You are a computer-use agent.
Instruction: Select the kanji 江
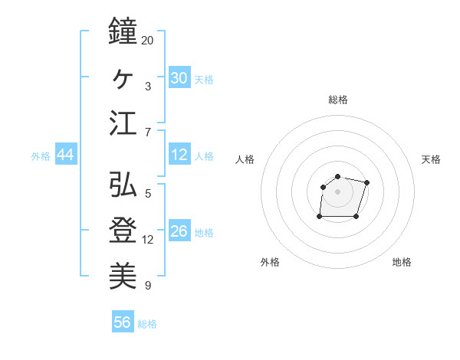[x=123, y=123]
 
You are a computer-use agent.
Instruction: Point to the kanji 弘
[x=123, y=184]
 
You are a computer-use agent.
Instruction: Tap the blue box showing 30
[x=179, y=78]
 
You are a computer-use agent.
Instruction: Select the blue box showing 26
[x=179, y=232]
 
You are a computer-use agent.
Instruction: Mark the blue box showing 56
[x=122, y=322]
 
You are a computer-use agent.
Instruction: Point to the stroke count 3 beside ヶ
[x=147, y=86]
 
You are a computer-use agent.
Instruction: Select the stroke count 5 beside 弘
[x=147, y=193]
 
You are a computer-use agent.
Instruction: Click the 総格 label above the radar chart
[x=337, y=100]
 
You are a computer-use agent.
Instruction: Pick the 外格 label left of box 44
[x=41, y=156]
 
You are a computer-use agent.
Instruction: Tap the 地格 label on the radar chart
[x=402, y=262]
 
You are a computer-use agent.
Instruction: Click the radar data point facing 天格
[x=366, y=182]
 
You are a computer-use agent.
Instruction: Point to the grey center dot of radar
[x=337, y=191]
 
